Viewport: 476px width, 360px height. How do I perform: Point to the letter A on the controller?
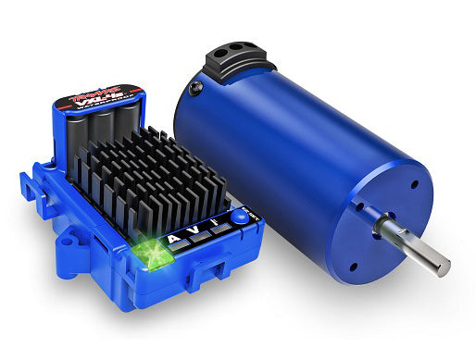(x=175, y=238)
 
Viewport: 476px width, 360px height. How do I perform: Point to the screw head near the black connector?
(x=196, y=89)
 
